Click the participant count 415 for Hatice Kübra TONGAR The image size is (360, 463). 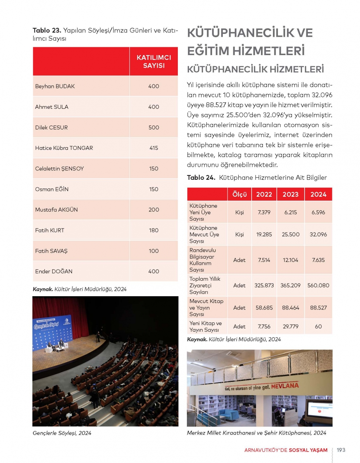tap(154, 148)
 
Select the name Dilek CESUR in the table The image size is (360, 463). tap(51, 128)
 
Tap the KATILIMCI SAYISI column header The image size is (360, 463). tap(154, 62)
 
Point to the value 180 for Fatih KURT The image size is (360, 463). tap(154, 230)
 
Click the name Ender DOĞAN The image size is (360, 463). tap(54, 271)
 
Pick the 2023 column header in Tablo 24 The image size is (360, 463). tap(291, 194)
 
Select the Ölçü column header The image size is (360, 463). tap(239, 194)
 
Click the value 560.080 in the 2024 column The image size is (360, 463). tap(318, 285)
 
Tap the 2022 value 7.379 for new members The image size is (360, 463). tap(264, 212)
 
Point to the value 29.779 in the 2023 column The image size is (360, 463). tap(291, 326)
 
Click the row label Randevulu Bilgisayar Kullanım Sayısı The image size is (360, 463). tap(202, 260)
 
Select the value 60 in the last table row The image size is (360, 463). tap(318, 326)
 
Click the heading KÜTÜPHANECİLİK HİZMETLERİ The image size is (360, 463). tap(256, 69)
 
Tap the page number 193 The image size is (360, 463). tap(341, 450)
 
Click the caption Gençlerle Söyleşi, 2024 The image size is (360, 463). tap(62, 433)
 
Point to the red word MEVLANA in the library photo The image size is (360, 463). tap(285, 386)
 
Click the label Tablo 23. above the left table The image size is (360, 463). tap(47, 31)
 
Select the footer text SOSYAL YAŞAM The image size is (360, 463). tap(308, 450)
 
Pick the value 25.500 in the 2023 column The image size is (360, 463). tap(291, 235)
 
